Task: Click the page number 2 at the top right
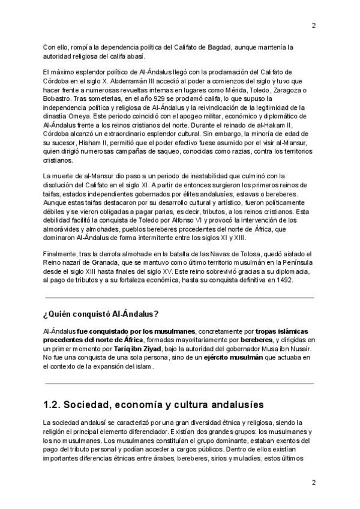313,25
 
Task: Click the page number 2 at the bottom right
313,483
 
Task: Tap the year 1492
282,280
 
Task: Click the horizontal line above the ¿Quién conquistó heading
179,297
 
